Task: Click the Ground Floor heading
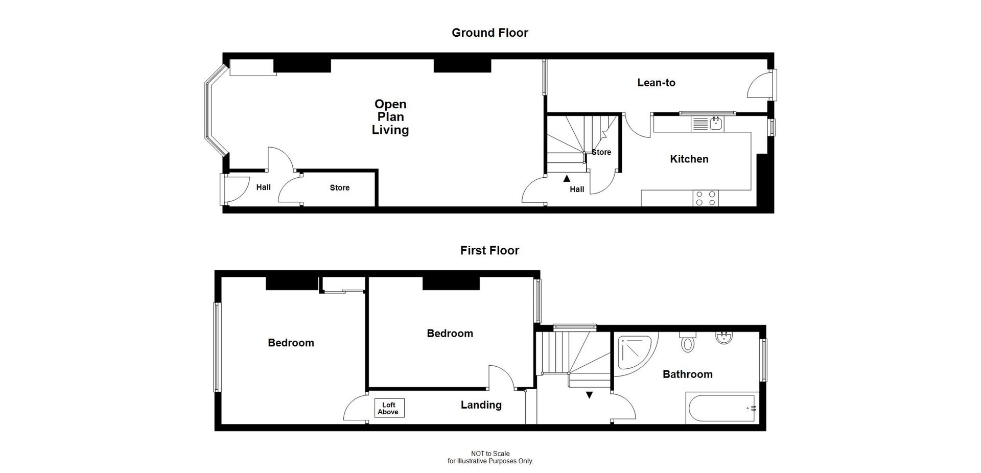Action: [x=489, y=33]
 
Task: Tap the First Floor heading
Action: [x=489, y=250]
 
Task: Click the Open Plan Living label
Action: [x=390, y=117]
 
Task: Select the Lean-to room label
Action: [x=656, y=83]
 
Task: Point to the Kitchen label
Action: [x=689, y=159]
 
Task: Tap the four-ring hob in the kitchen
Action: [x=705, y=198]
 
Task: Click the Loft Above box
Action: [x=389, y=408]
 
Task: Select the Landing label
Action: [x=481, y=405]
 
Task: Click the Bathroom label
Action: [x=687, y=374]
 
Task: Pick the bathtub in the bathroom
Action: [x=721, y=408]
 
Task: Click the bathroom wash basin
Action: [x=723, y=338]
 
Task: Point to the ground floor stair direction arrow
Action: [x=567, y=179]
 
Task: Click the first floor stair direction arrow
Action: [x=589, y=395]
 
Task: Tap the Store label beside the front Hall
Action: [x=339, y=188]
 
